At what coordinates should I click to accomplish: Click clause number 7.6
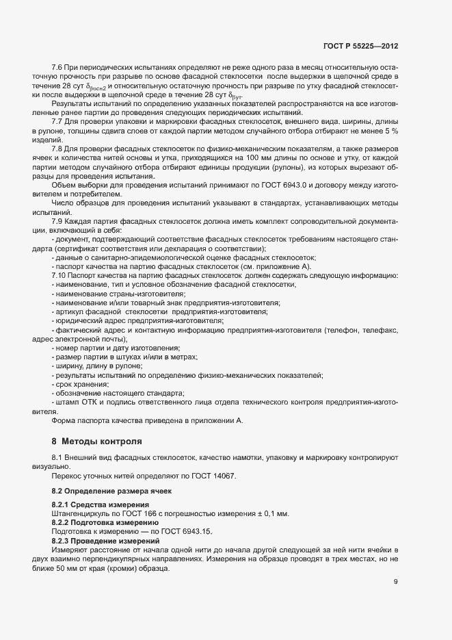point(57,68)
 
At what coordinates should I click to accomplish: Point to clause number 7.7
point(57,120)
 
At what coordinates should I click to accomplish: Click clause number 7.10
point(59,275)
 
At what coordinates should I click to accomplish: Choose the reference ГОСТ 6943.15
point(188,530)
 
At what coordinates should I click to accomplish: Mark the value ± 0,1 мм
point(271,513)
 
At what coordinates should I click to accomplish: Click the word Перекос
point(67,476)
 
